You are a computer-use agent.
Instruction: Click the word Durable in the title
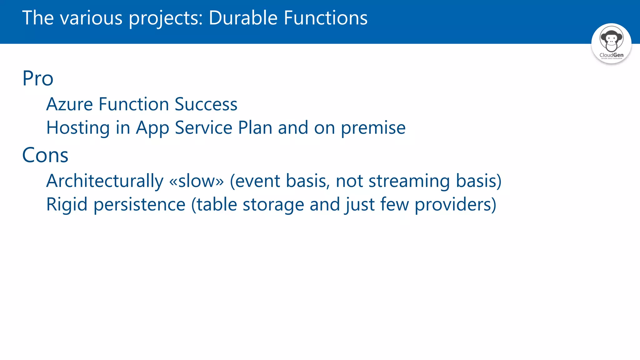[243, 18]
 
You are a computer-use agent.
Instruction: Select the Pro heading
[38, 78]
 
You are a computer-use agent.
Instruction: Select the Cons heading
[45, 155]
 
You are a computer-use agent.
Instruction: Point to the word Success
[206, 104]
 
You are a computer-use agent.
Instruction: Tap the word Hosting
[78, 128]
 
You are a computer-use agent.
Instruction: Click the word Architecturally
[105, 181]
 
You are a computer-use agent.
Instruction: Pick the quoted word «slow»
[196, 181]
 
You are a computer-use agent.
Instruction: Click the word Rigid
[67, 205]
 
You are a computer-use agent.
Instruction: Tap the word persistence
[139, 205]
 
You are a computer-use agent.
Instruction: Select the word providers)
[455, 205]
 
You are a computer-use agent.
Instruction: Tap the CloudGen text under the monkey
[611, 55]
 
